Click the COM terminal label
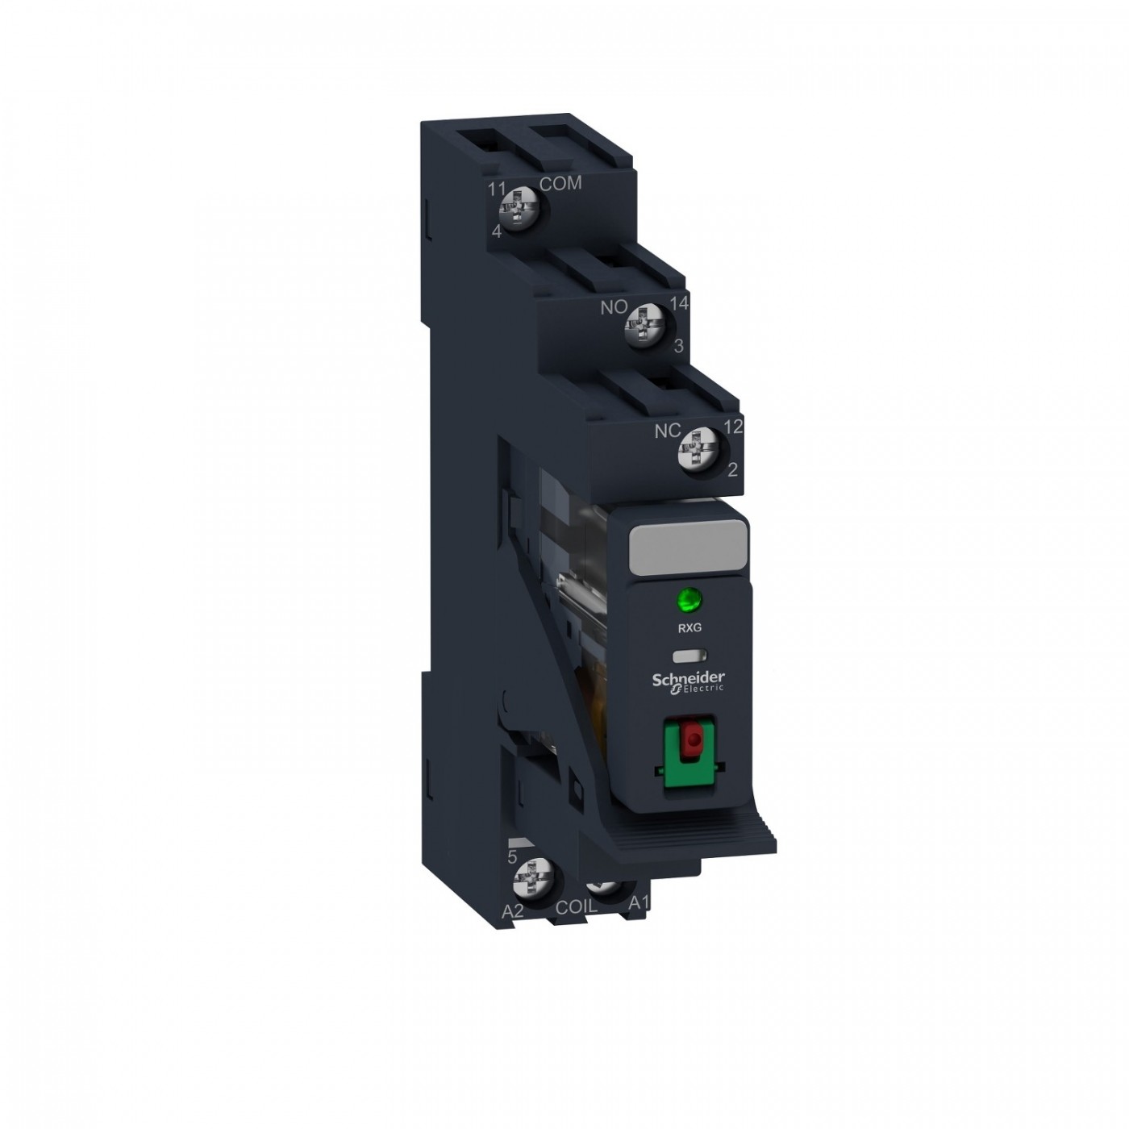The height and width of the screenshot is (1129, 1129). point(560,183)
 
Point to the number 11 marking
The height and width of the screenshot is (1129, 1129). point(498,189)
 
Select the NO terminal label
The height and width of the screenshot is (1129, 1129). point(614,307)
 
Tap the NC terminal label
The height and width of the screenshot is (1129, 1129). point(667,431)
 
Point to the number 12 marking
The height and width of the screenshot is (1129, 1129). point(734,427)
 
